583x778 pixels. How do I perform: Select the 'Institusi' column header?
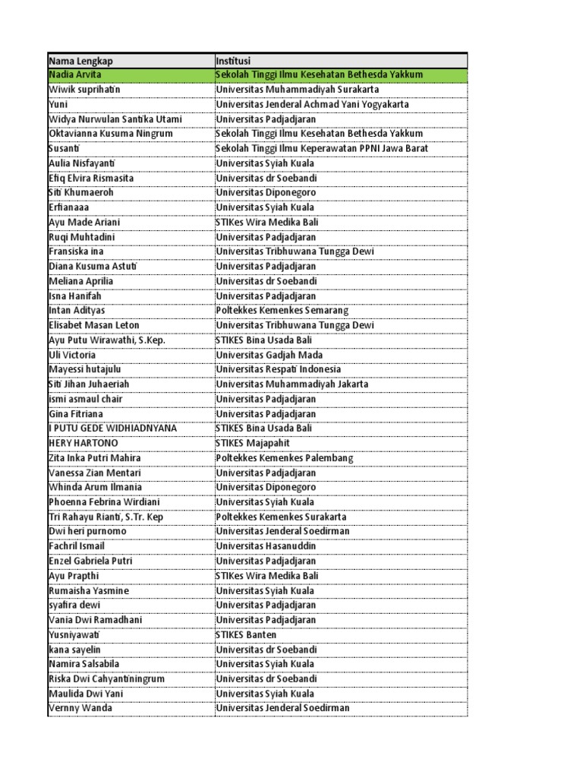[x=233, y=61]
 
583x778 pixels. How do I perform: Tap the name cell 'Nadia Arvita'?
[x=74, y=75]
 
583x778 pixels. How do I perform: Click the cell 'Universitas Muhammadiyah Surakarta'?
[x=298, y=90]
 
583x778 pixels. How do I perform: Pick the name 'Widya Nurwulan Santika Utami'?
[x=115, y=119]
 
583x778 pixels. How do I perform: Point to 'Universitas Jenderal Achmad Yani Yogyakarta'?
[x=312, y=104]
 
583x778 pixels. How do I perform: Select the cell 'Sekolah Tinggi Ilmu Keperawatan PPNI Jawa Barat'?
[x=321, y=149]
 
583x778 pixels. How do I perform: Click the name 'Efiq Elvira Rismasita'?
[x=90, y=178]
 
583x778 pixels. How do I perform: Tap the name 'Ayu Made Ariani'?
[x=84, y=223]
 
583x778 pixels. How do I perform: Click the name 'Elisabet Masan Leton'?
[x=93, y=325]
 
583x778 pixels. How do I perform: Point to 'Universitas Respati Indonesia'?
[x=278, y=369]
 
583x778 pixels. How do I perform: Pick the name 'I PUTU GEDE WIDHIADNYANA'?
[x=112, y=429]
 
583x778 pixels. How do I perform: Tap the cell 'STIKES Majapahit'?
[x=252, y=443]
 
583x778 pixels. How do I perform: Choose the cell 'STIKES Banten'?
[x=246, y=634]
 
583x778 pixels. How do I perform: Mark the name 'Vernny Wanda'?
[x=80, y=708]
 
